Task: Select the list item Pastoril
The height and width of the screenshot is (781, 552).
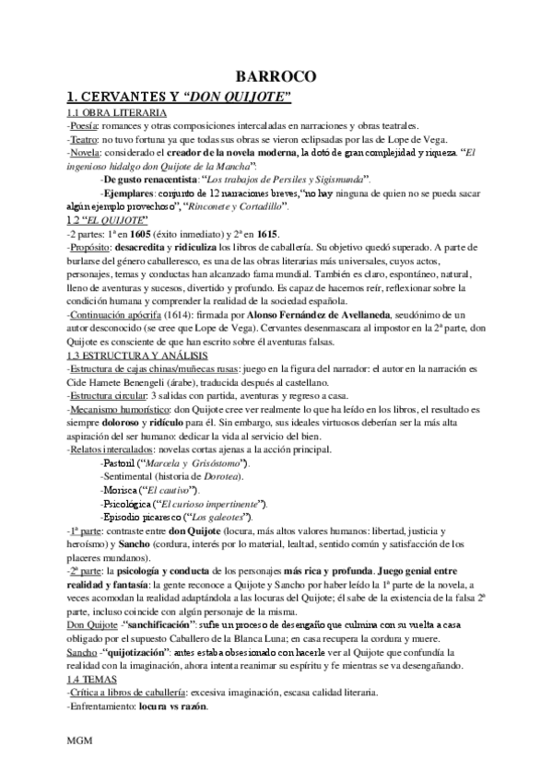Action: [x=118, y=461]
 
